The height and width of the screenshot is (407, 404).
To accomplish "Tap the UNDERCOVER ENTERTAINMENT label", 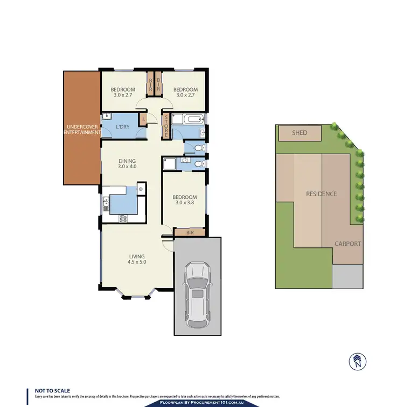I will click(x=82, y=129).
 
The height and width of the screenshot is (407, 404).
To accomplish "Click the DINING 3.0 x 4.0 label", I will click(x=127, y=164).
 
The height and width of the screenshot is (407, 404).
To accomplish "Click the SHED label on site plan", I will click(x=299, y=133).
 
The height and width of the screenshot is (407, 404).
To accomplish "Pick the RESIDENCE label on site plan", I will click(x=321, y=194).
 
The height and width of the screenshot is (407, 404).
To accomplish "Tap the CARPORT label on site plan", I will click(x=347, y=244).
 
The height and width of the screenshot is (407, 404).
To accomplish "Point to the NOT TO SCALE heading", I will click(x=52, y=390).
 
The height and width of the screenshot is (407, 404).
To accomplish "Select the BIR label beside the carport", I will click(x=190, y=233).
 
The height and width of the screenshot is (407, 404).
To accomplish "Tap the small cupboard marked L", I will click(x=143, y=119).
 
